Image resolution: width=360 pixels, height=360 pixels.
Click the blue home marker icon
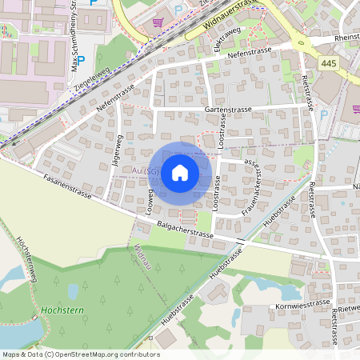(x=180, y=172)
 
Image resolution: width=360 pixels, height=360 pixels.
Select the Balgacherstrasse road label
(x=185, y=230)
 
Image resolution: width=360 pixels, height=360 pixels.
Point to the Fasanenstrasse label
(x=68, y=187)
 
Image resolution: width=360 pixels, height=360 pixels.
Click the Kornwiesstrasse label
(x=302, y=304)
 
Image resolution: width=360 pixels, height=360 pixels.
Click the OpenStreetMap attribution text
(x=80, y=354)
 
